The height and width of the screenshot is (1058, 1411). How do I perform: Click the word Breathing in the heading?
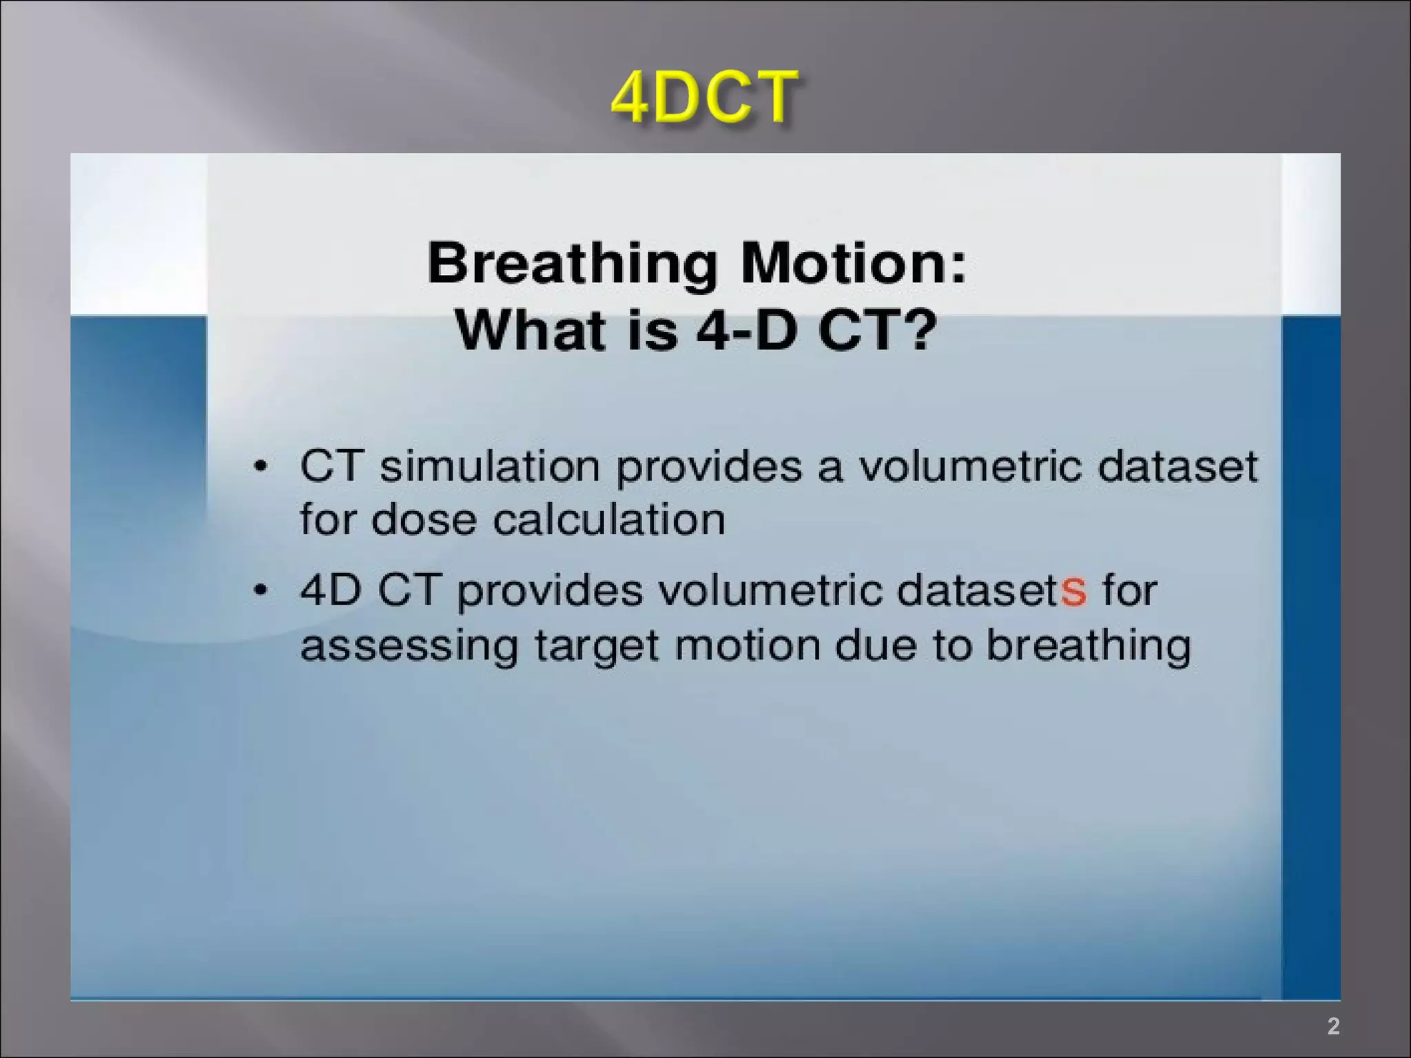pos(573,263)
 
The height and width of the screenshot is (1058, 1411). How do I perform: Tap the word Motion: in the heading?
pos(853,263)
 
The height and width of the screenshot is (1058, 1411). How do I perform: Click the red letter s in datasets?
pos(1073,591)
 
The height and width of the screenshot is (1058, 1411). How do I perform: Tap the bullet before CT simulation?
pos(260,466)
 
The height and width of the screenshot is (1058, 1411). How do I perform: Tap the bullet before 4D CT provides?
pos(260,590)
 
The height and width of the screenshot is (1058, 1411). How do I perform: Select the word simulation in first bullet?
pos(490,466)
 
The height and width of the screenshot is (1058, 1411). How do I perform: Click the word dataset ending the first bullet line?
pos(1177,466)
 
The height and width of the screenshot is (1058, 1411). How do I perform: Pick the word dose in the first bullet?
pos(424,519)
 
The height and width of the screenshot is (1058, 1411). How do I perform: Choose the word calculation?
pos(609,519)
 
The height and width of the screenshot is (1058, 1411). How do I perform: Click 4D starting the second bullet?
pos(331,590)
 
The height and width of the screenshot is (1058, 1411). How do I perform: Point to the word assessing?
pos(409,646)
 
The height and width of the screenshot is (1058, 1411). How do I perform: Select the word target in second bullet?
pos(597,646)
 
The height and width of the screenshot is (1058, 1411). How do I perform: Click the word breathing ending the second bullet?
pos(1088,646)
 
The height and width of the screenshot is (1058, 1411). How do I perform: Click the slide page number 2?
pos(1333,1026)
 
